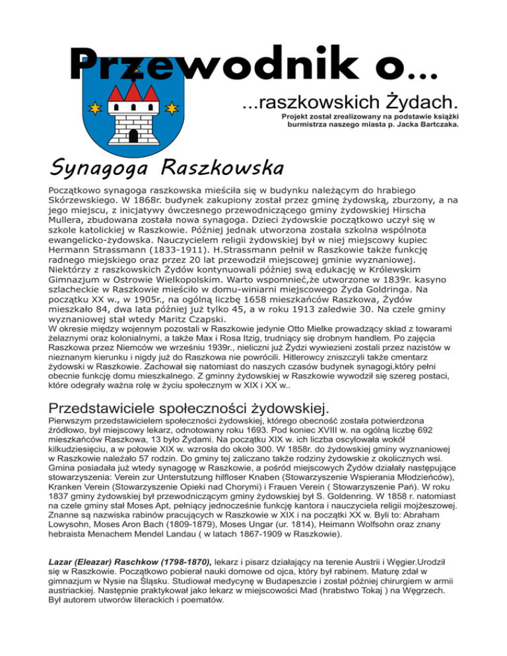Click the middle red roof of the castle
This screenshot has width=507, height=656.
coord(133,90)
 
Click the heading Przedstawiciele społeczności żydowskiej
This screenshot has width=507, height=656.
coord(185,403)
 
